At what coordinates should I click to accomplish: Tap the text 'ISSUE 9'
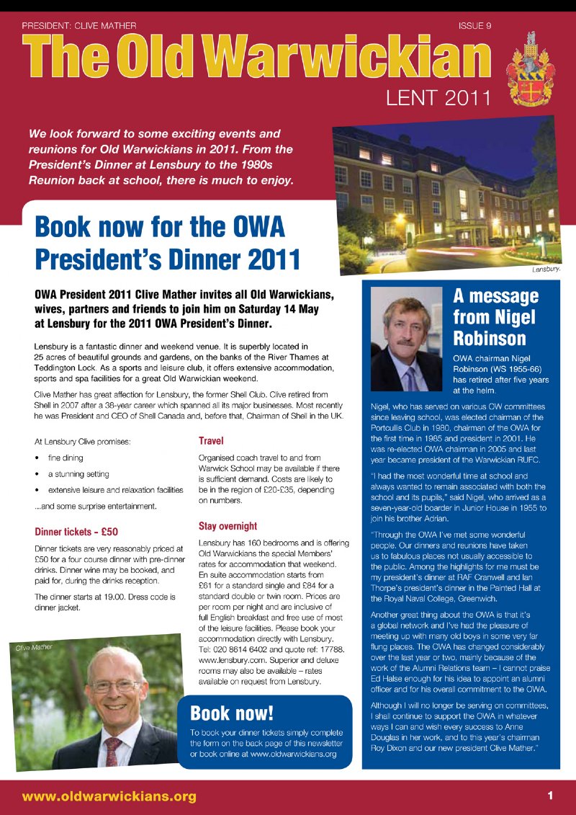[474, 26]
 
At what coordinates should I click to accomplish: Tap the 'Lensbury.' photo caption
[546, 270]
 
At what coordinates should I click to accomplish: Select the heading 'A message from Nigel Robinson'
[495, 317]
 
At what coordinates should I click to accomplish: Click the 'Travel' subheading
[211, 440]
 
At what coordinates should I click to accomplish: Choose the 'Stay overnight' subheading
[228, 526]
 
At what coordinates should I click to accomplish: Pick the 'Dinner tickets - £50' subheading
[76, 533]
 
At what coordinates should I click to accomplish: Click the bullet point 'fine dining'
[66, 458]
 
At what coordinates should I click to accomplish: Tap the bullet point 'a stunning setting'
[78, 474]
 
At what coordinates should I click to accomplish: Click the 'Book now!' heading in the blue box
[232, 713]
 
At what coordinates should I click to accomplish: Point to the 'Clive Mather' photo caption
[34, 648]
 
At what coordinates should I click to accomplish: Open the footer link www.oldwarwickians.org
[109, 796]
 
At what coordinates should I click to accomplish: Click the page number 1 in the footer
[549, 796]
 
